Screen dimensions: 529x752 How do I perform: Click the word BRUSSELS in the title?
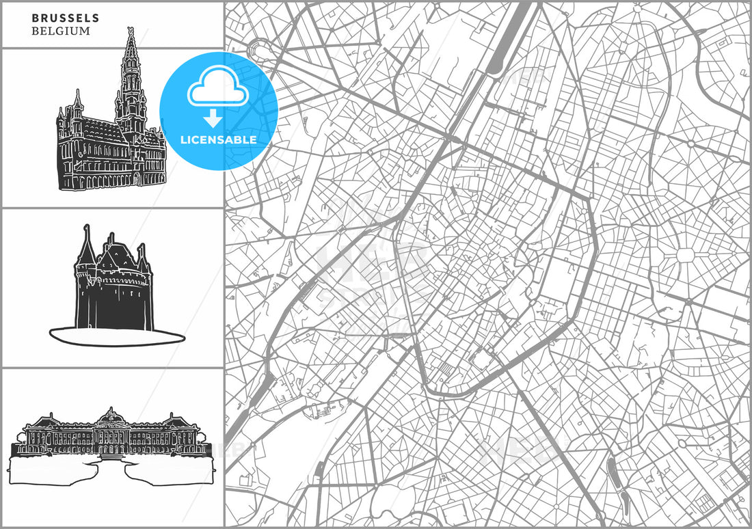pyautogui.click(x=65, y=18)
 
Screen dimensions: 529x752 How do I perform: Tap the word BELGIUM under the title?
pyautogui.click(x=60, y=31)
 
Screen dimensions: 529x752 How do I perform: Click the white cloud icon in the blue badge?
pyautogui.click(x=219, y=85)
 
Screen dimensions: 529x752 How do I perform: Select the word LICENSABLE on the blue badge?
pyautogui.click(x=219, y=139)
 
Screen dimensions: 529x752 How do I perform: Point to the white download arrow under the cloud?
pyautogui.click(x=215, y=117)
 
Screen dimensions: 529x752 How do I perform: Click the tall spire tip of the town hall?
pyautogui.click(x=130, y=31)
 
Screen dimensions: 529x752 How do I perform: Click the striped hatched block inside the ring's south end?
pyautogui.click(x=445, y=370)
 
